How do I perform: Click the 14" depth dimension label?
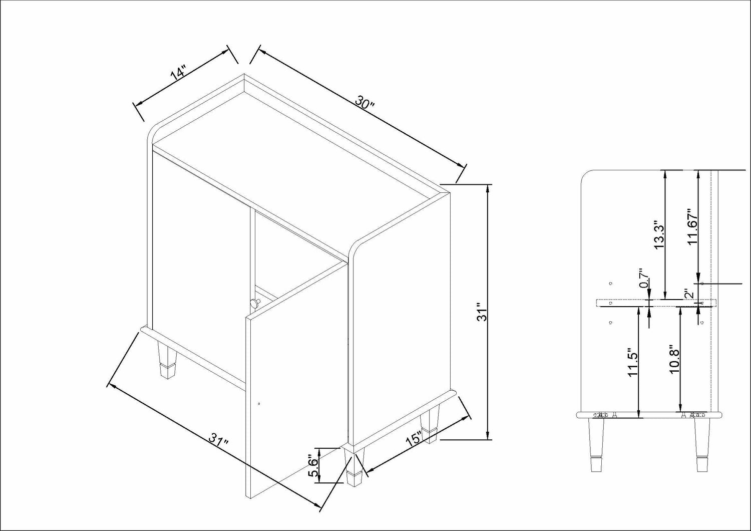coord(178,74)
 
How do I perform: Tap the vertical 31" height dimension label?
coord(482,313)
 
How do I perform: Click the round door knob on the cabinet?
coord(255,303)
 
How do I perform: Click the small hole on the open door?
coord(259,404)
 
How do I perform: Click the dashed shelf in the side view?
coord(656,303)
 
